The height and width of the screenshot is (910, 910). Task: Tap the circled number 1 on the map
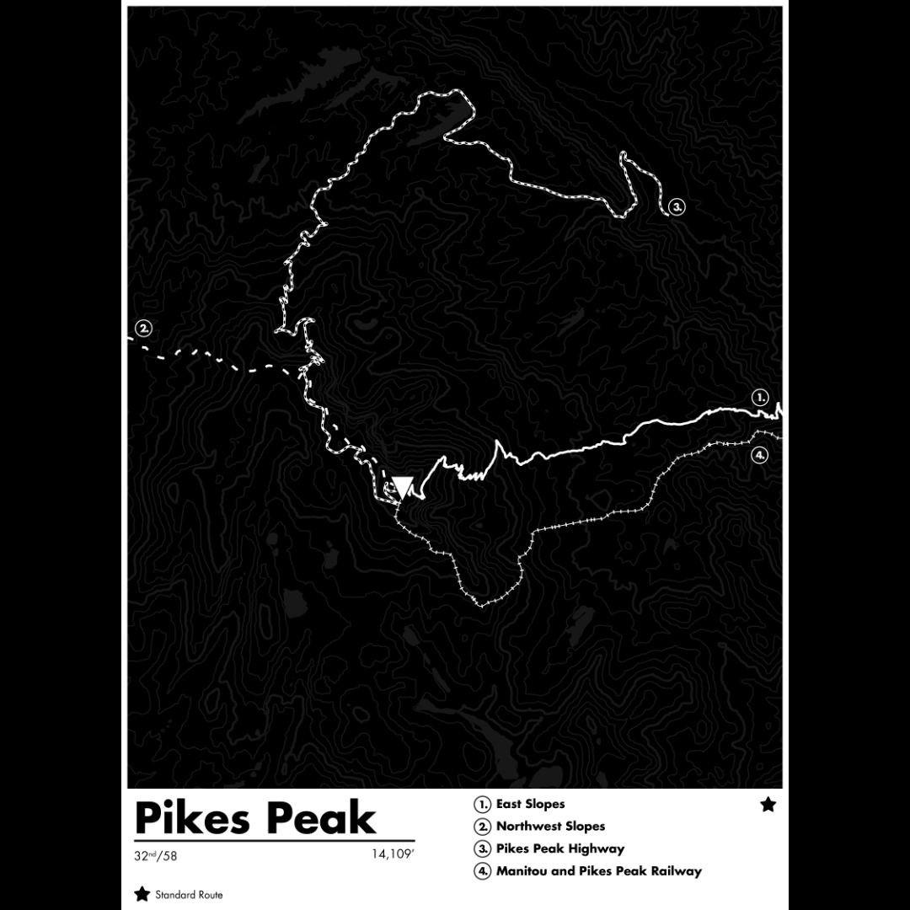[760, 397]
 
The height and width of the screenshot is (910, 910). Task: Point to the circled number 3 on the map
[677, 206]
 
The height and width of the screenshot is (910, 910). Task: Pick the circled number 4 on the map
[759, 455]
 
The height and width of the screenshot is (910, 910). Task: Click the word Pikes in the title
[192, 817]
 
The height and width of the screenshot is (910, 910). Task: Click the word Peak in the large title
[318, 817]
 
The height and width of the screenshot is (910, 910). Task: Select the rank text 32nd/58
[156, 856]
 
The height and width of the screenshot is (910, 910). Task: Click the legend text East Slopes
[530, 805]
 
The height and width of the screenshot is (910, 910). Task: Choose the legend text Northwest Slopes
[550, 827]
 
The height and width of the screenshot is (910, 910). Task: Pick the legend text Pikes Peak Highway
[560, 848]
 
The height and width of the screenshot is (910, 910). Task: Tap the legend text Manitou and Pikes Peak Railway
[598, 871]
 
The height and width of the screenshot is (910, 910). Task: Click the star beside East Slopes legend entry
[768, 805]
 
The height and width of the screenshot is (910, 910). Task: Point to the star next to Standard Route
[142, 894]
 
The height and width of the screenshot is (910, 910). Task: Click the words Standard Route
[189, 895]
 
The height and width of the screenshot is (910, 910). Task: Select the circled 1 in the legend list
[483, 805]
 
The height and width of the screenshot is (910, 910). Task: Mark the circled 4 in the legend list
[483, 871]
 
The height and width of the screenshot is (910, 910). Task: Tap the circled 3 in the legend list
[483, 849]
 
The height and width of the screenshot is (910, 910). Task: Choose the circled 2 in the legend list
[483, 827]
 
